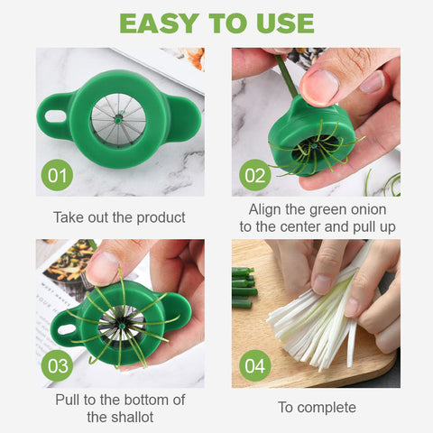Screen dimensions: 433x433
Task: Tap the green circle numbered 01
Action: click(x=57, y=175)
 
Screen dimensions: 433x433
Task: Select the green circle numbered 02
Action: click(x=255, y=175)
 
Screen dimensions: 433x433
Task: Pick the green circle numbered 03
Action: click(x=57, y=365)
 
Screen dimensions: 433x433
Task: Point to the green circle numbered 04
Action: click(x=255, y=365)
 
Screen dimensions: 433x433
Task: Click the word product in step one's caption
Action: click(x=161, y=217)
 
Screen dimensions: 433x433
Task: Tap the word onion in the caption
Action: click(x=369, y=209)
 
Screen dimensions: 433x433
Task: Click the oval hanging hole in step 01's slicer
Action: click(x=56, y=116)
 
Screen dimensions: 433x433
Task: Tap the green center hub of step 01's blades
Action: click(x=118, y=120)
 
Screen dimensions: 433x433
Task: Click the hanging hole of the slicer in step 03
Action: click(x=68, y=329)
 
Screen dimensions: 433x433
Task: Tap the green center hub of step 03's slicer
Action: click(x=122, y=327)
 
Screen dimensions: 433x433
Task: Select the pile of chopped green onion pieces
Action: click(x=244, y=288)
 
